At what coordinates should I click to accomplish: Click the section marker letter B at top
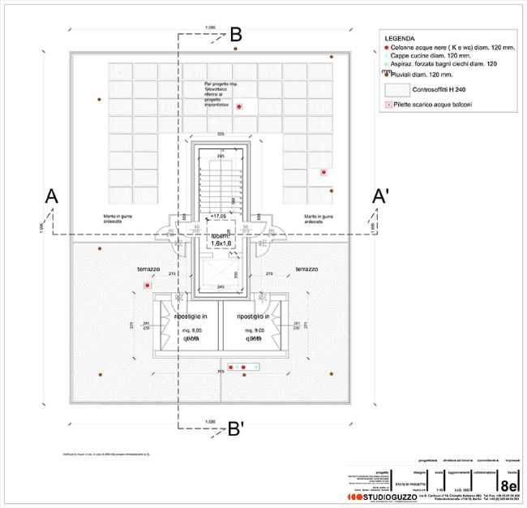[x=236, y=34]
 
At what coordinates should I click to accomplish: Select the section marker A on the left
[x=51, y=196]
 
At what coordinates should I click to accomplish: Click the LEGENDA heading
[x=399, y=38]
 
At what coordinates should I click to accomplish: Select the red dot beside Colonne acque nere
[x=385, y=47]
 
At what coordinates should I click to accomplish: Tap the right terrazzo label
[x=306, y=269]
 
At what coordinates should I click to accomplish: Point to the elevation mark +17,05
[x=217, y=217]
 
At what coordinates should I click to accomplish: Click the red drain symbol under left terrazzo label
[x=147, y=286]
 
